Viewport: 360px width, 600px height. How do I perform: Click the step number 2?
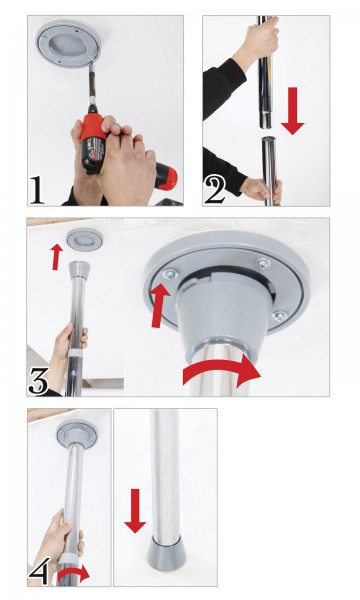pos(216,188)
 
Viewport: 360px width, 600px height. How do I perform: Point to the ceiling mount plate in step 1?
pos(62,45)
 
